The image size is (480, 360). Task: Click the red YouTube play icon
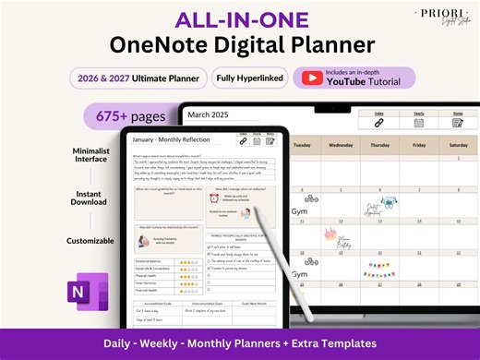pos(314,78)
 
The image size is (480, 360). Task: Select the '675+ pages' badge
pos(126,116)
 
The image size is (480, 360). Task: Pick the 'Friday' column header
pos(413,145)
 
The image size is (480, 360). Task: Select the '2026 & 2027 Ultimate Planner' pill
pos(138,78)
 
